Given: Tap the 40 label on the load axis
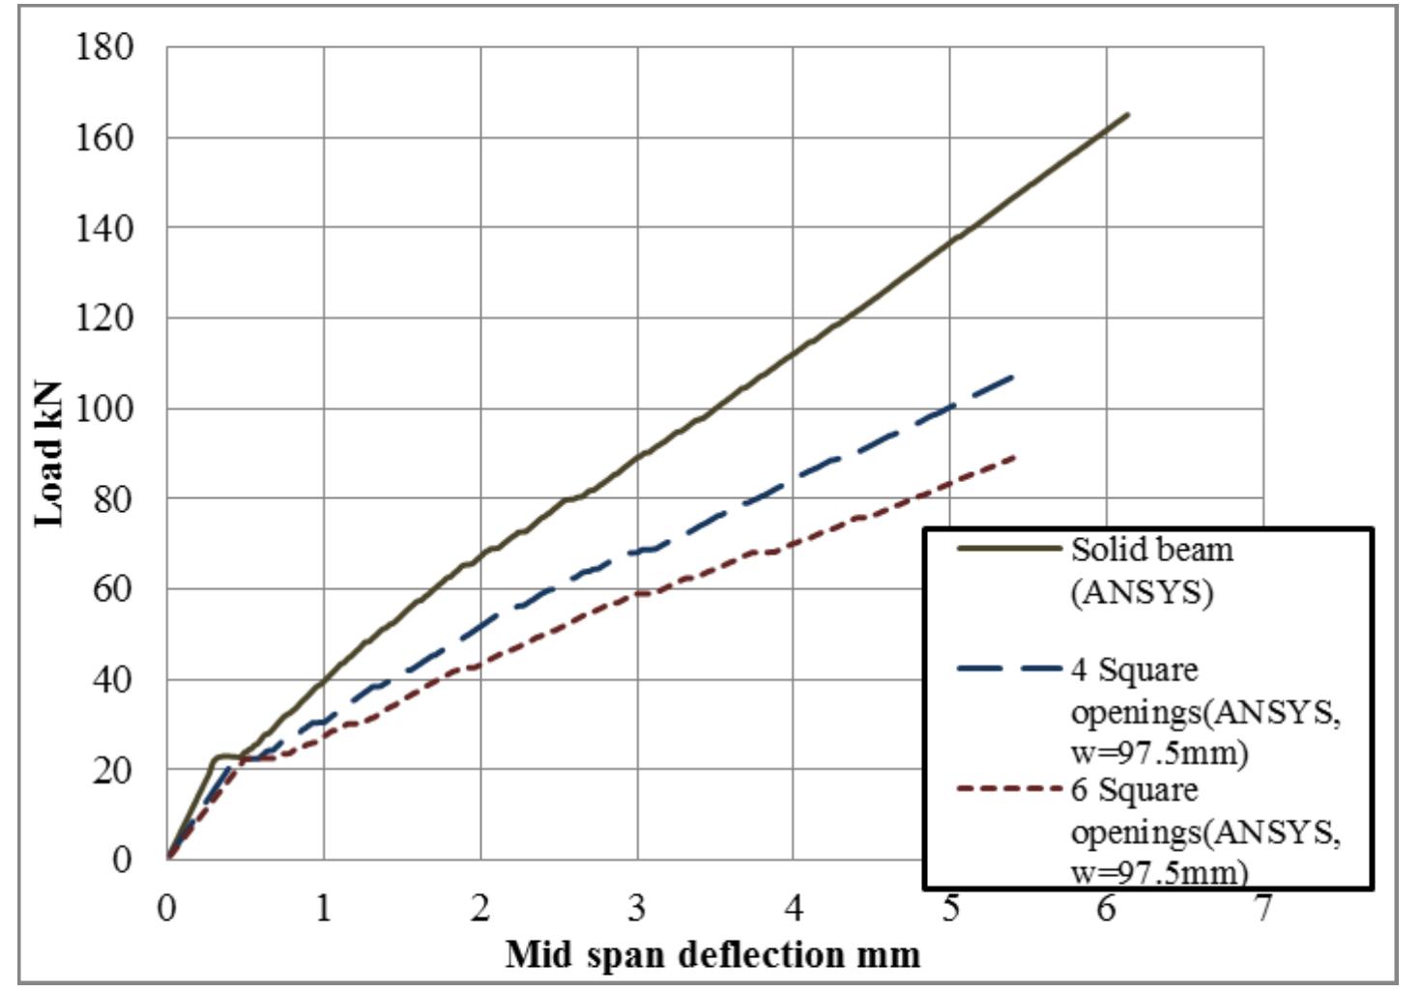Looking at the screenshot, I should coord(112,680).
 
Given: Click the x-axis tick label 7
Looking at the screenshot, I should coord(1262,908).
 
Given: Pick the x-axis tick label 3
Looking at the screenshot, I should coord(636,908).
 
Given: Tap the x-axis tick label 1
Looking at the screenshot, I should coord(323,908).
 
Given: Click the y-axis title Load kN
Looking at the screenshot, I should coord(49,453).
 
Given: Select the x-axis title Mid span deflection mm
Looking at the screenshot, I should coord(712,955).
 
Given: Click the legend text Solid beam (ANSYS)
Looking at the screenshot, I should coord(1150,570).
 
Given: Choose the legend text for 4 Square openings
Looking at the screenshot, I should coord(1204,711).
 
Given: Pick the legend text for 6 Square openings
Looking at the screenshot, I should coord(1204,831).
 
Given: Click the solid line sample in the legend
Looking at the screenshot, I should coord(1008,549).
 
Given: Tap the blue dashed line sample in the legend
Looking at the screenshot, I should coord(1008,668).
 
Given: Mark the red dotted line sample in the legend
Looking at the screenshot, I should coord(1008,789).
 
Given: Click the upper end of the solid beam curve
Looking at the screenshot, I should coord(1127,115).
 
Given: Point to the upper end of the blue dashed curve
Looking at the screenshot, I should coord(1013,376).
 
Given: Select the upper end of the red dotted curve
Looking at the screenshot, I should coord(1014,456).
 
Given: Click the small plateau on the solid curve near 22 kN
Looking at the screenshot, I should coord(225,756).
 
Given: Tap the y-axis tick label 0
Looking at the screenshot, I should coord(122,859).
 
